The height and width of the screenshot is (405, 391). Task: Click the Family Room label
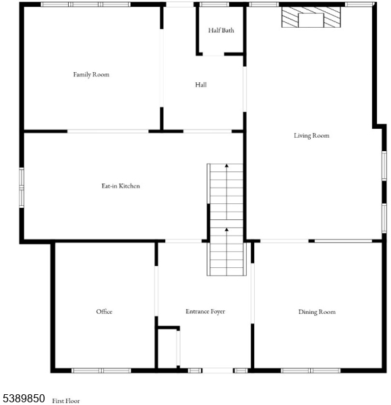[91, 74]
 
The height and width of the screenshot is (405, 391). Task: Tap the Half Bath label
[221, 30]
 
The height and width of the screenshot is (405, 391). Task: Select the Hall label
[201, 85]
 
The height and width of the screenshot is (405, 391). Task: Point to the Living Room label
[311, 136]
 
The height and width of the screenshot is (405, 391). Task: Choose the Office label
[104, 312]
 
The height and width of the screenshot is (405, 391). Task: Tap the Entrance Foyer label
[205, 312]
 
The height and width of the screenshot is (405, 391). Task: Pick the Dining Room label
[317, 312]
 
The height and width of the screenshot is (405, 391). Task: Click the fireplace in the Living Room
[311, 19]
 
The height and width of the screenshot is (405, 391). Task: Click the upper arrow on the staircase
[227, 165]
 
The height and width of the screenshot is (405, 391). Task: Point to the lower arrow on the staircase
[227, 230]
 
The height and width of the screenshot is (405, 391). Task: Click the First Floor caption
[66, 401]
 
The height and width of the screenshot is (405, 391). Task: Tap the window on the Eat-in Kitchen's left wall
[22, 187]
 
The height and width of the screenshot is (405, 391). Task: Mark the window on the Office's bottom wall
[101, 370]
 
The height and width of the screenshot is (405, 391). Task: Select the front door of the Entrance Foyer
[218, 370]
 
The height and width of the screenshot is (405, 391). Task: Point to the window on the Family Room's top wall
[86, 4]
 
